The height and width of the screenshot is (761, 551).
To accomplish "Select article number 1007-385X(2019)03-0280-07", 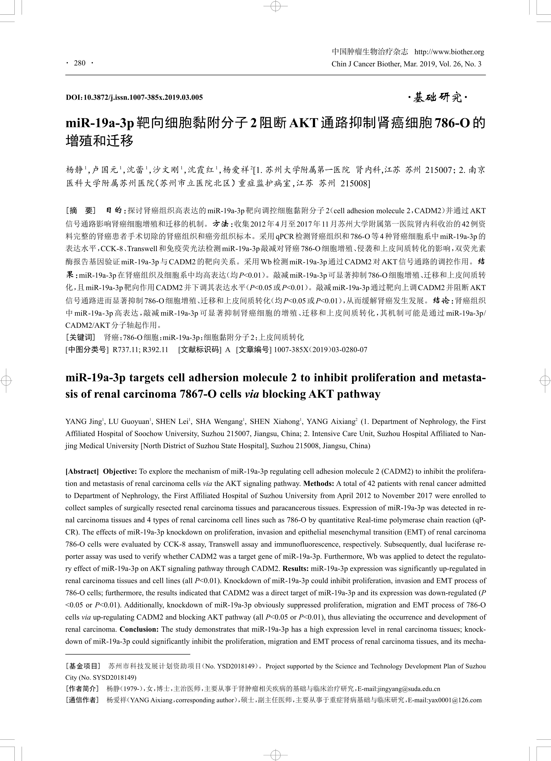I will click(x=321, y=350).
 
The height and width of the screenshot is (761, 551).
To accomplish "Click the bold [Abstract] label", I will click(x=82, y=471).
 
